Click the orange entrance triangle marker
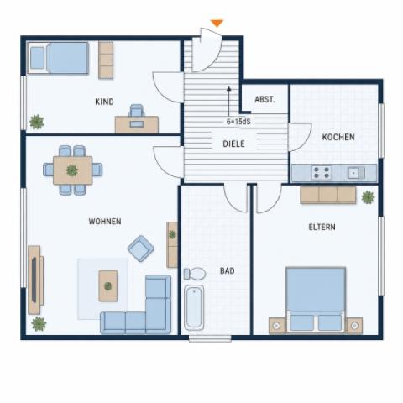(x=217, y=23)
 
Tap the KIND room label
(x=104, y=102)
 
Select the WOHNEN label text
(x=105, y=222)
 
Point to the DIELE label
(x=233, y=144)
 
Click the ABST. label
(x=264, y=99)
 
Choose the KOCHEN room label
(x=338, y=137)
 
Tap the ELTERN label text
(x=322, y=227)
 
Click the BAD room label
(x=227, y=270)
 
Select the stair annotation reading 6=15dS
(x=238, y=122)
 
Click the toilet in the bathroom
(x=195, y=274)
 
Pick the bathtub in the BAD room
(x=194, y=307)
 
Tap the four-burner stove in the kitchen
(x=322, y=173)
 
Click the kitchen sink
(x=356, y=173)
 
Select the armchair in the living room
(x=141, y=249)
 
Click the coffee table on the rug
(x=108, y=285)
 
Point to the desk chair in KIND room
(x=137, y=111)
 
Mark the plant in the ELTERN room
(x=368, y=197)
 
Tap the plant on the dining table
(x=72, y=170)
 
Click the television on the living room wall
(x=34, y=280)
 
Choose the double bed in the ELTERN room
(x=316, y=300)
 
